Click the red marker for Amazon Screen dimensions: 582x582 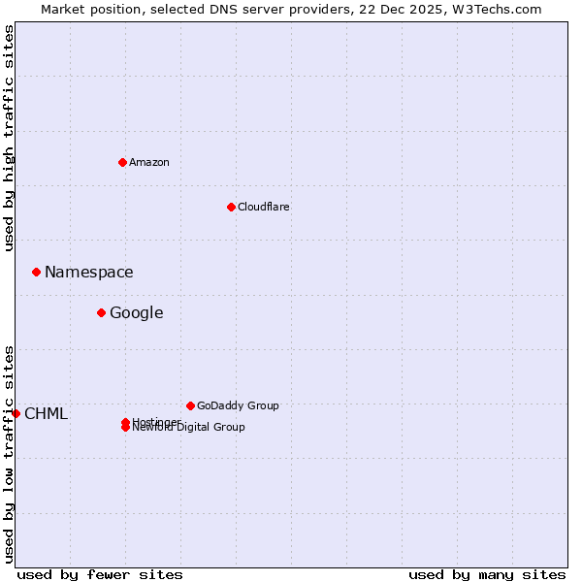click(x=122, y=162)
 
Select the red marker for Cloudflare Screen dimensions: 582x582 click(x=231, y=207)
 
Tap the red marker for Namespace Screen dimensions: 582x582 click(x=36, y=273)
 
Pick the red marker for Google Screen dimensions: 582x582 click(x=101, y=312)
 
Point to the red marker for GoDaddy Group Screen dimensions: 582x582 click(x=190, y=405)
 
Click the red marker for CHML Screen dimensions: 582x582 click(x=16, y=413)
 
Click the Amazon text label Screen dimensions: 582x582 click(x=149, y=162)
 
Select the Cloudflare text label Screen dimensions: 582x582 click(x=263, y=207)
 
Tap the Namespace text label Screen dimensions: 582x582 click(x=89, y=273)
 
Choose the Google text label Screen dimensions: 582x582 click(x=137, y=312)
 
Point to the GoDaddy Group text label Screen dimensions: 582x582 click(x=238, y=405)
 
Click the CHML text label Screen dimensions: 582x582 click(x=47, y=414)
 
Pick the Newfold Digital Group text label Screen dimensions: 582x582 click(x=190, y=428)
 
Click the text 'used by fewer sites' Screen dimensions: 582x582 click(x=100, y=574)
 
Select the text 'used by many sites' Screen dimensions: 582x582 click(x=487, y=574)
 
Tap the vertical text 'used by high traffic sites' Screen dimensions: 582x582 click(x=9, y=138)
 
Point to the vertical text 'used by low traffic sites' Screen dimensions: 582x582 click(x=9, y=454)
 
